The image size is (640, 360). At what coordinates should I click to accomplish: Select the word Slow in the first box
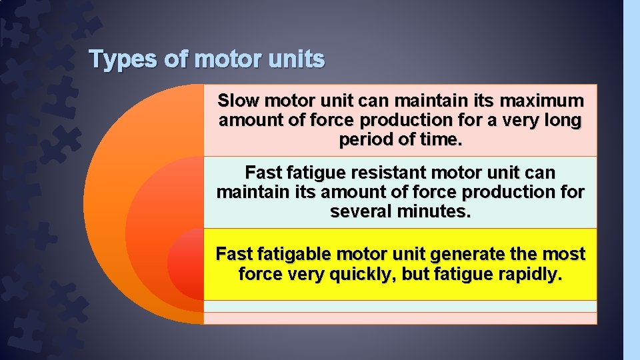pyautogui.click(x=239, y=102)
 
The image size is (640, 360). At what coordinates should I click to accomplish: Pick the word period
pyautogui.click(x=365, y=141)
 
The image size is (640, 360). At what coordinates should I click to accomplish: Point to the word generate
pyautogui.click(x=465, y=255)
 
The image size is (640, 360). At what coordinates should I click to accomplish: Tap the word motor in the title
pyautogui.click(x=227, y=60)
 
